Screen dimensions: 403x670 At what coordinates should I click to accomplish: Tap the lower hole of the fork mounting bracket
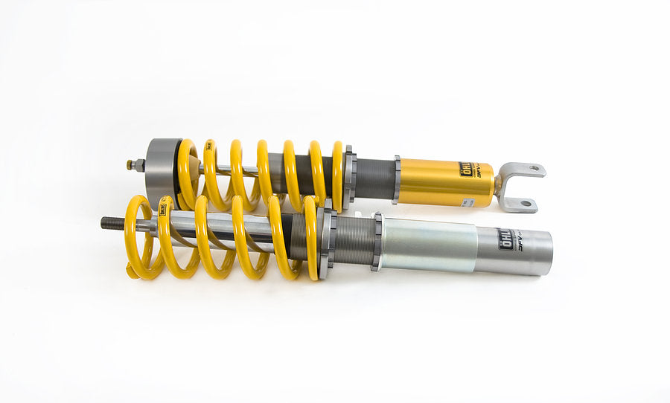pos(526,202)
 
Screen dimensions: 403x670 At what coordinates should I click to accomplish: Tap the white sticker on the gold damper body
pos(468,201)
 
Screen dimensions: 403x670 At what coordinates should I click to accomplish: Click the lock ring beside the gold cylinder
pos(397,179)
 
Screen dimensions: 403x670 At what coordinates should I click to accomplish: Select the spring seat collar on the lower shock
pos(328,241)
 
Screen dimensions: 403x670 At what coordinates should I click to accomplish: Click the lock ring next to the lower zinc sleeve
pos(377,241)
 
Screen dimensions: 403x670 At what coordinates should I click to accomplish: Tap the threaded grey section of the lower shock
pos(354,242)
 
